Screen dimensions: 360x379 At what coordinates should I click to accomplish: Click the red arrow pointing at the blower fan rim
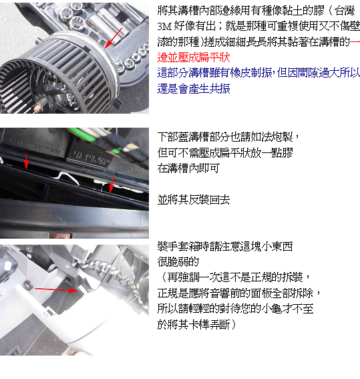[x=114, y=38]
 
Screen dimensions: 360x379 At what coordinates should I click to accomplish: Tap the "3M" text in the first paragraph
[x=164, y=26]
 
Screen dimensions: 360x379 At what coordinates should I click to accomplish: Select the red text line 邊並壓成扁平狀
[x=194, y=57]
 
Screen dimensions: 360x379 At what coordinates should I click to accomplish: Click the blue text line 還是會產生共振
[x=194, y=89]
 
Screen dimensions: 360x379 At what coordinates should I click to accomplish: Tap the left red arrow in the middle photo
[x=26, y=162]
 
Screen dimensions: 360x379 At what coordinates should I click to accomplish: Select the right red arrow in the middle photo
[x=112, y=185]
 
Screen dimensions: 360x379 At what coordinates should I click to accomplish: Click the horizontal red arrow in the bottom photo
[x=57, y=289]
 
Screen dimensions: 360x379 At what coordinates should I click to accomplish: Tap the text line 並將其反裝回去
[x=194, y=200]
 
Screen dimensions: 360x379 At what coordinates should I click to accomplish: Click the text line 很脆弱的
[x=178, y=261]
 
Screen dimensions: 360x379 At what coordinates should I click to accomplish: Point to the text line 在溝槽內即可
[x=188, y=168]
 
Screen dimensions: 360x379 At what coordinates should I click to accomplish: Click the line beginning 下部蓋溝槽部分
[x=228, y=137]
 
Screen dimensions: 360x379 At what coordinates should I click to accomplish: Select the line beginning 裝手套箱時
[x=225, y=246]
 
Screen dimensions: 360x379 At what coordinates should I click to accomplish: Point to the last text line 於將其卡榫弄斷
[x=196, y=324]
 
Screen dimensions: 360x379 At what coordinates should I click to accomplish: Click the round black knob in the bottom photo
[x=28, y=284]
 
